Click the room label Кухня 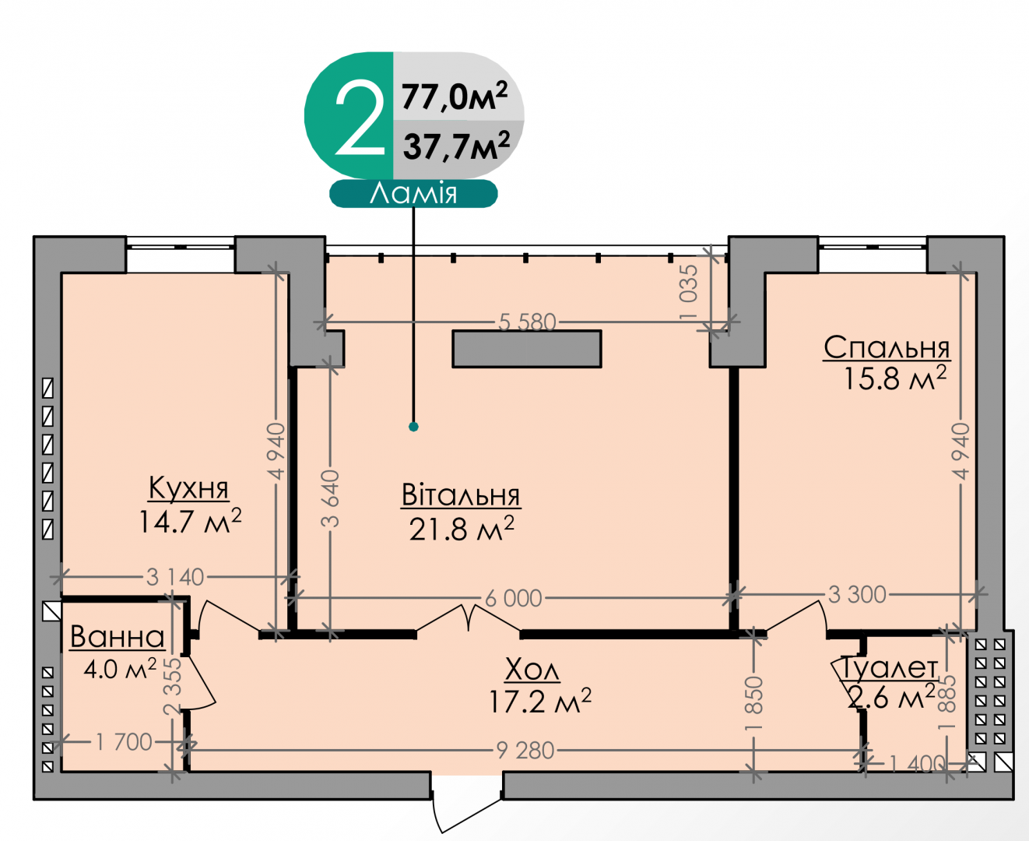(188, 487)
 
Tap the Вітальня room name (461, 495)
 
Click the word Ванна (117, 636)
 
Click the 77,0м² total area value (455, 96)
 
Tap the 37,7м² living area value (456, 145)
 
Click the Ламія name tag (413, 194)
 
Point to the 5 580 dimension (528, 322)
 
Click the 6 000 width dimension (513, 598)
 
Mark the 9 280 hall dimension (525, 751)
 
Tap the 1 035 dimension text (689, 292)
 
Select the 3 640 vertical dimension (330, 499)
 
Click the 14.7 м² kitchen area (190, 521)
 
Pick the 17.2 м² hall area (539, 702)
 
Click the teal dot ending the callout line (413, 427)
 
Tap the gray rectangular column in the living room (526, 349)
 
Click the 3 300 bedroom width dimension (857, 594)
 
